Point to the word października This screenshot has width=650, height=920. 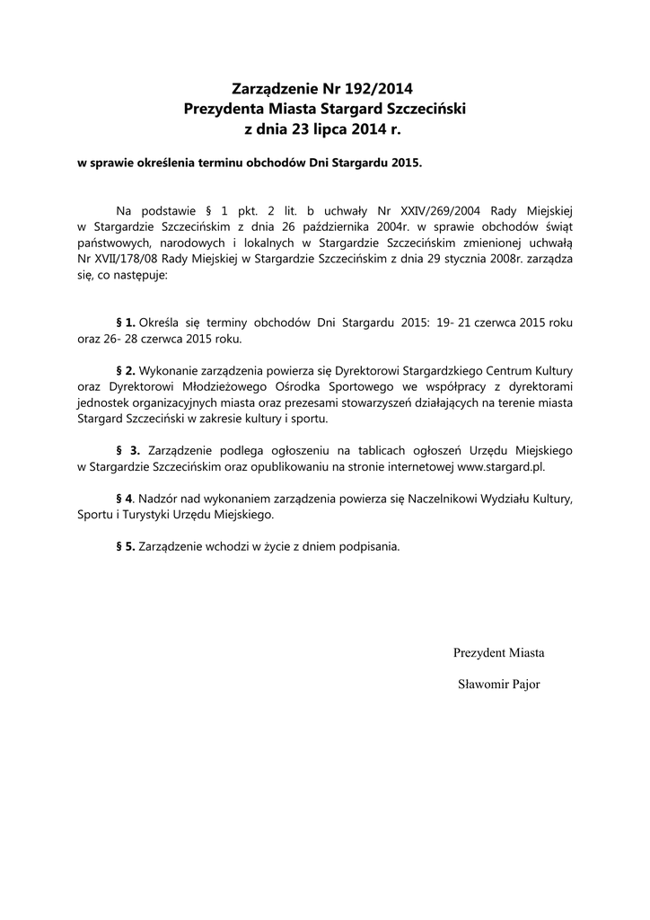(x=338, y=226)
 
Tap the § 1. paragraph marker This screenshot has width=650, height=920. (x=126, y=322)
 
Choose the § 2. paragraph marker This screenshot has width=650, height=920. (x=126, y=371)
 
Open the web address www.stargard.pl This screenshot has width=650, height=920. (x=501, y=467)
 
